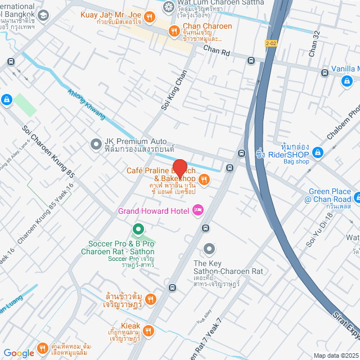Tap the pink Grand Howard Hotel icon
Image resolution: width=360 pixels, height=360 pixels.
tap(197, 210)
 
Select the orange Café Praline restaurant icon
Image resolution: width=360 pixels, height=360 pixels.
tap(204, 179)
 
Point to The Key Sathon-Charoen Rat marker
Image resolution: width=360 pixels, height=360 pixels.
tap(209, 248)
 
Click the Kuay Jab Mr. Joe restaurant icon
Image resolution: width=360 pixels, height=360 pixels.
tap(148, 17)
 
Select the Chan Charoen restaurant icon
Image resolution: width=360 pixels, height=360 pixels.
tap(174, 31)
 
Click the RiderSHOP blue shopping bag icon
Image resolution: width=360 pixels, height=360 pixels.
tap(317, 152)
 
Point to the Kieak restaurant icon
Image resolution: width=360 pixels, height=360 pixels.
tap(148, 331)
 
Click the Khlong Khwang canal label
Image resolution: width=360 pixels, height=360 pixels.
tap(87, 105)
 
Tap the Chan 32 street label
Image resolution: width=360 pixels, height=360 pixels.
tap(314, 44)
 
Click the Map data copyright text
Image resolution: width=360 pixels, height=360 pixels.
tap(336, 355)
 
